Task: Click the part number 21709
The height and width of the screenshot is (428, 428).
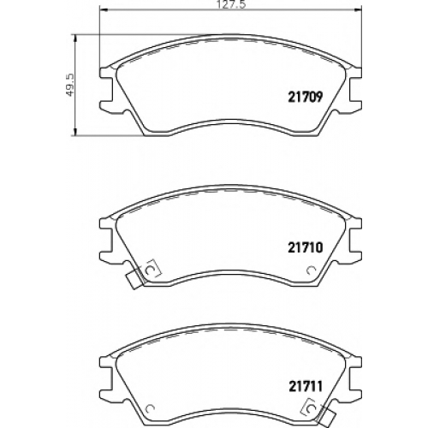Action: (306, 97)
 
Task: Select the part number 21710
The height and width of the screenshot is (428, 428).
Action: (306, 247)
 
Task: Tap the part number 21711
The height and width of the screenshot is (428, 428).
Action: (306, 386)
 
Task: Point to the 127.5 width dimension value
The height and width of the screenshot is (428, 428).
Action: (231, 5)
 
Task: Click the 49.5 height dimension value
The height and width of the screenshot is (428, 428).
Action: (70, 85)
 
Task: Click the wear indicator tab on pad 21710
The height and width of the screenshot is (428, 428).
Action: (134, 280)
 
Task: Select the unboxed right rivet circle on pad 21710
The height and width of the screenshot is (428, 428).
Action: (310, 270)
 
